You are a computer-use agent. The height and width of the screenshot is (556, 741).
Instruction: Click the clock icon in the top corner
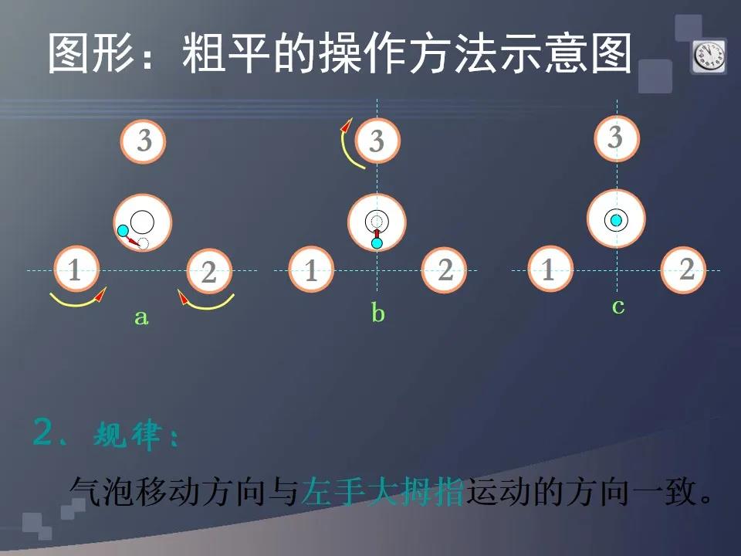709,56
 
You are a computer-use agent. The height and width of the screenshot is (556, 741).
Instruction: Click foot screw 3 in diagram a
144,141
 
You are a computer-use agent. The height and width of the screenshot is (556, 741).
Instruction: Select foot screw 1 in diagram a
76,269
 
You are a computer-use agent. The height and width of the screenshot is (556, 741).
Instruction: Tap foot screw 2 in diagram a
209,271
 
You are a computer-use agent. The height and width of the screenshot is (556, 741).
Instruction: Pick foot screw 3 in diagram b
377,141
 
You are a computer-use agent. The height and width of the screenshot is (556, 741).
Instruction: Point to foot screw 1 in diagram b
311,270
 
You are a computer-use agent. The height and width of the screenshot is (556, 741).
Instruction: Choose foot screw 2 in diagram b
445,270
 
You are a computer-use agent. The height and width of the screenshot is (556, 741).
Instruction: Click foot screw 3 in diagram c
617,138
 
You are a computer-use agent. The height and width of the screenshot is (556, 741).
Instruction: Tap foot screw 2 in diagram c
683,270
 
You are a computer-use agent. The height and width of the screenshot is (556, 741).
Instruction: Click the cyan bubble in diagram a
123,231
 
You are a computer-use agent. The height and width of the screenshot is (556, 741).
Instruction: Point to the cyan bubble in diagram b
377,243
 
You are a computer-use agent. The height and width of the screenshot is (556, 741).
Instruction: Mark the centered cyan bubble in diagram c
616,220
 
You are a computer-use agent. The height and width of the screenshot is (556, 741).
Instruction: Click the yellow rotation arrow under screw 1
76,303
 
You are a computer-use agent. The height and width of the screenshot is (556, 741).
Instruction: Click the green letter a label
141,317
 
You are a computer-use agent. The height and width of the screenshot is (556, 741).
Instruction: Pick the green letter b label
377,313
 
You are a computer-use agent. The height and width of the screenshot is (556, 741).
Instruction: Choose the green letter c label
618,307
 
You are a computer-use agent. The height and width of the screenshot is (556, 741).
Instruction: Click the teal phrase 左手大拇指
383,492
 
